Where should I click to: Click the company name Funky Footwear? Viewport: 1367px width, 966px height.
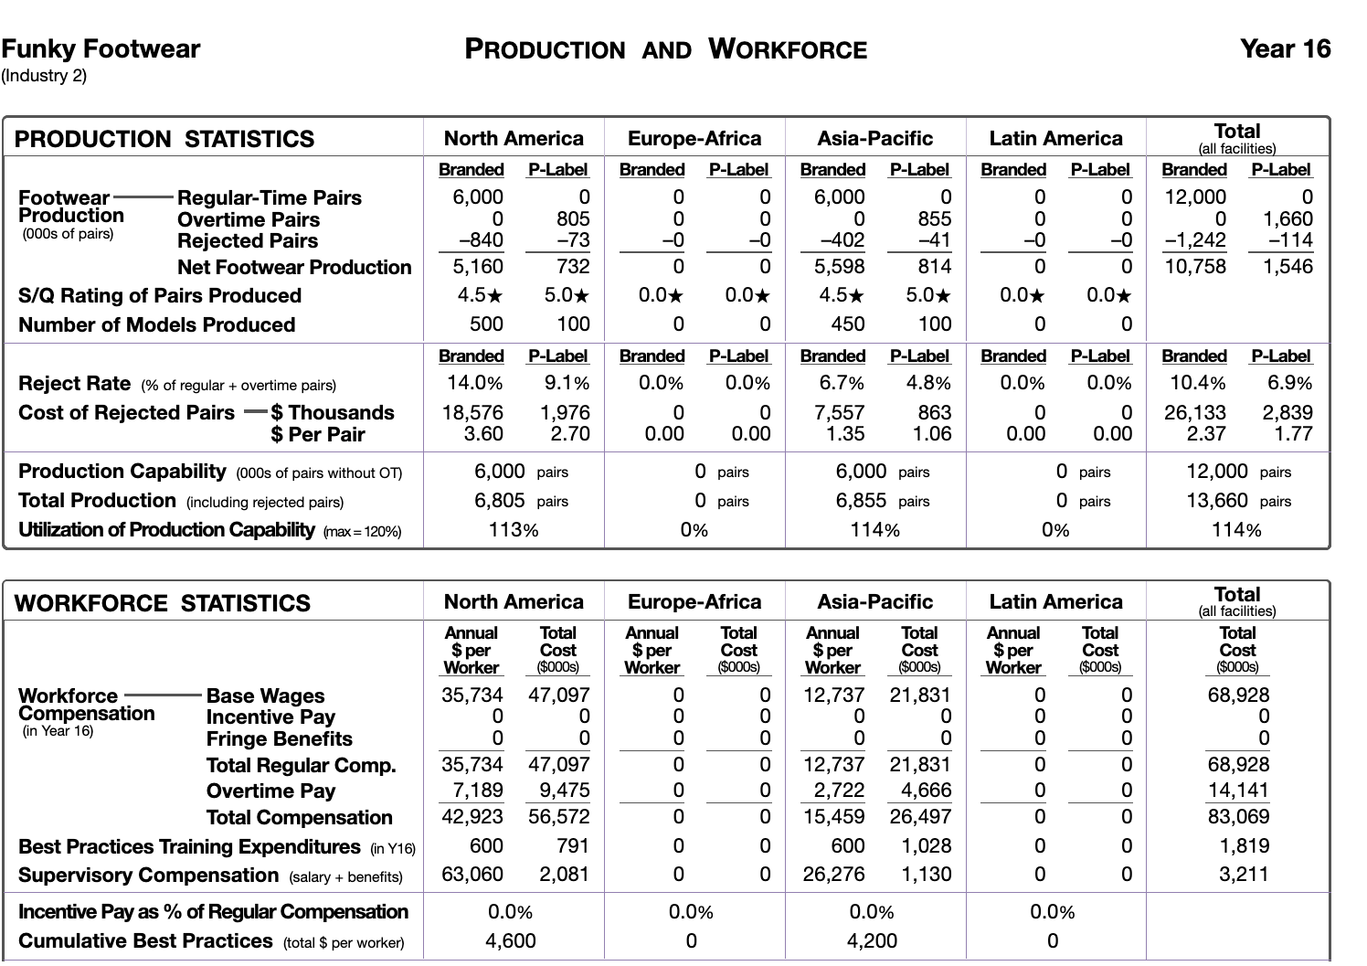101,49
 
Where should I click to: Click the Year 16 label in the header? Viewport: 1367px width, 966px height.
1285,49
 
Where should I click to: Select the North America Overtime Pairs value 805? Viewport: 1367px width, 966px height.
573,219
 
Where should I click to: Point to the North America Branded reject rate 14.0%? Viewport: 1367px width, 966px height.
472,383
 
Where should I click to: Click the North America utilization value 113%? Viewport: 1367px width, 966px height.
513,530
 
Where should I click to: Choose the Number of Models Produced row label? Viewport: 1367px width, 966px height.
156,324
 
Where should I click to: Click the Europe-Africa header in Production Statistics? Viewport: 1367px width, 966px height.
694,139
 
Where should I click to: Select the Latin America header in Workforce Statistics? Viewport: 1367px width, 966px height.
1055,602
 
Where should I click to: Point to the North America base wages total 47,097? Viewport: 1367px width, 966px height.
559,695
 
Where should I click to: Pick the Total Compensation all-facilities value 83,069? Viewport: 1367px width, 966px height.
1237,817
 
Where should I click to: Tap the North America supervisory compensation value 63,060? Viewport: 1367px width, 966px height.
472,875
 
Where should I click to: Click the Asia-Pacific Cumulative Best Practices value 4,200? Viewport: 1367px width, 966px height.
872,941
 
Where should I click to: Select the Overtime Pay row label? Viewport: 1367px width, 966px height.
270,791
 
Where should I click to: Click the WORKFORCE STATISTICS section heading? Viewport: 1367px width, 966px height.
163,603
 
